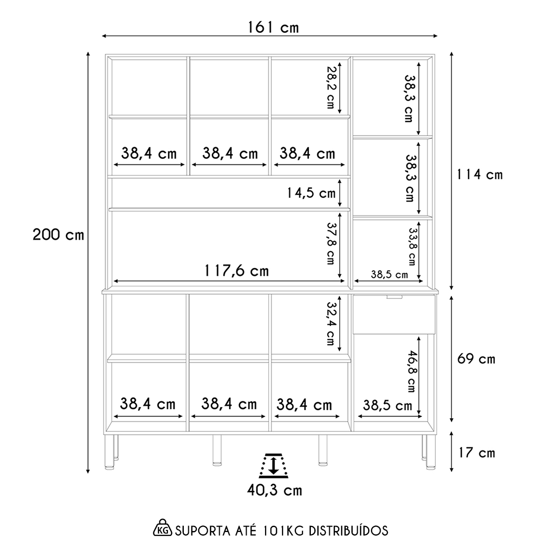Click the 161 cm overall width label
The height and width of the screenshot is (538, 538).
coord(273,27)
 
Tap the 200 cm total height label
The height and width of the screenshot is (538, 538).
coord(58,235)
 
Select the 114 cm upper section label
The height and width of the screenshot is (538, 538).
coord(479,175)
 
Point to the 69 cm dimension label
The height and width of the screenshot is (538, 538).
coord(476,359)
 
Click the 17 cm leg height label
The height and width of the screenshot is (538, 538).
coord(477,452)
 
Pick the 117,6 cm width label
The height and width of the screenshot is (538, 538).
coord(237,270)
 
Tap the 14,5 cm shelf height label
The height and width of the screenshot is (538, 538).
coord(311,193)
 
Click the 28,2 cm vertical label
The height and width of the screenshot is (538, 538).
coord(330,87)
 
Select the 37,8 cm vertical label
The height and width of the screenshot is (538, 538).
coord(331,244)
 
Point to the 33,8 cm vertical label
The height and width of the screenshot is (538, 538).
coord(412,247)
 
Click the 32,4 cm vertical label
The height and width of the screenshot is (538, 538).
coord(331,323)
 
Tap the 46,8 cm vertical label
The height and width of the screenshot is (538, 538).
coord(412,371)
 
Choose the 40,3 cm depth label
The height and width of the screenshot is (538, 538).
coord(274,490)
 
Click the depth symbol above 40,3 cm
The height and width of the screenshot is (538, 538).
coord(273,465)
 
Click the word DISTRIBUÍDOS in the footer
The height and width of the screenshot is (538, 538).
coord(348,530)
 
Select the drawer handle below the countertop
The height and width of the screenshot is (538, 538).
coord(395,297)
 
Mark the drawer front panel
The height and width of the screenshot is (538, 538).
coord(394,314)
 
